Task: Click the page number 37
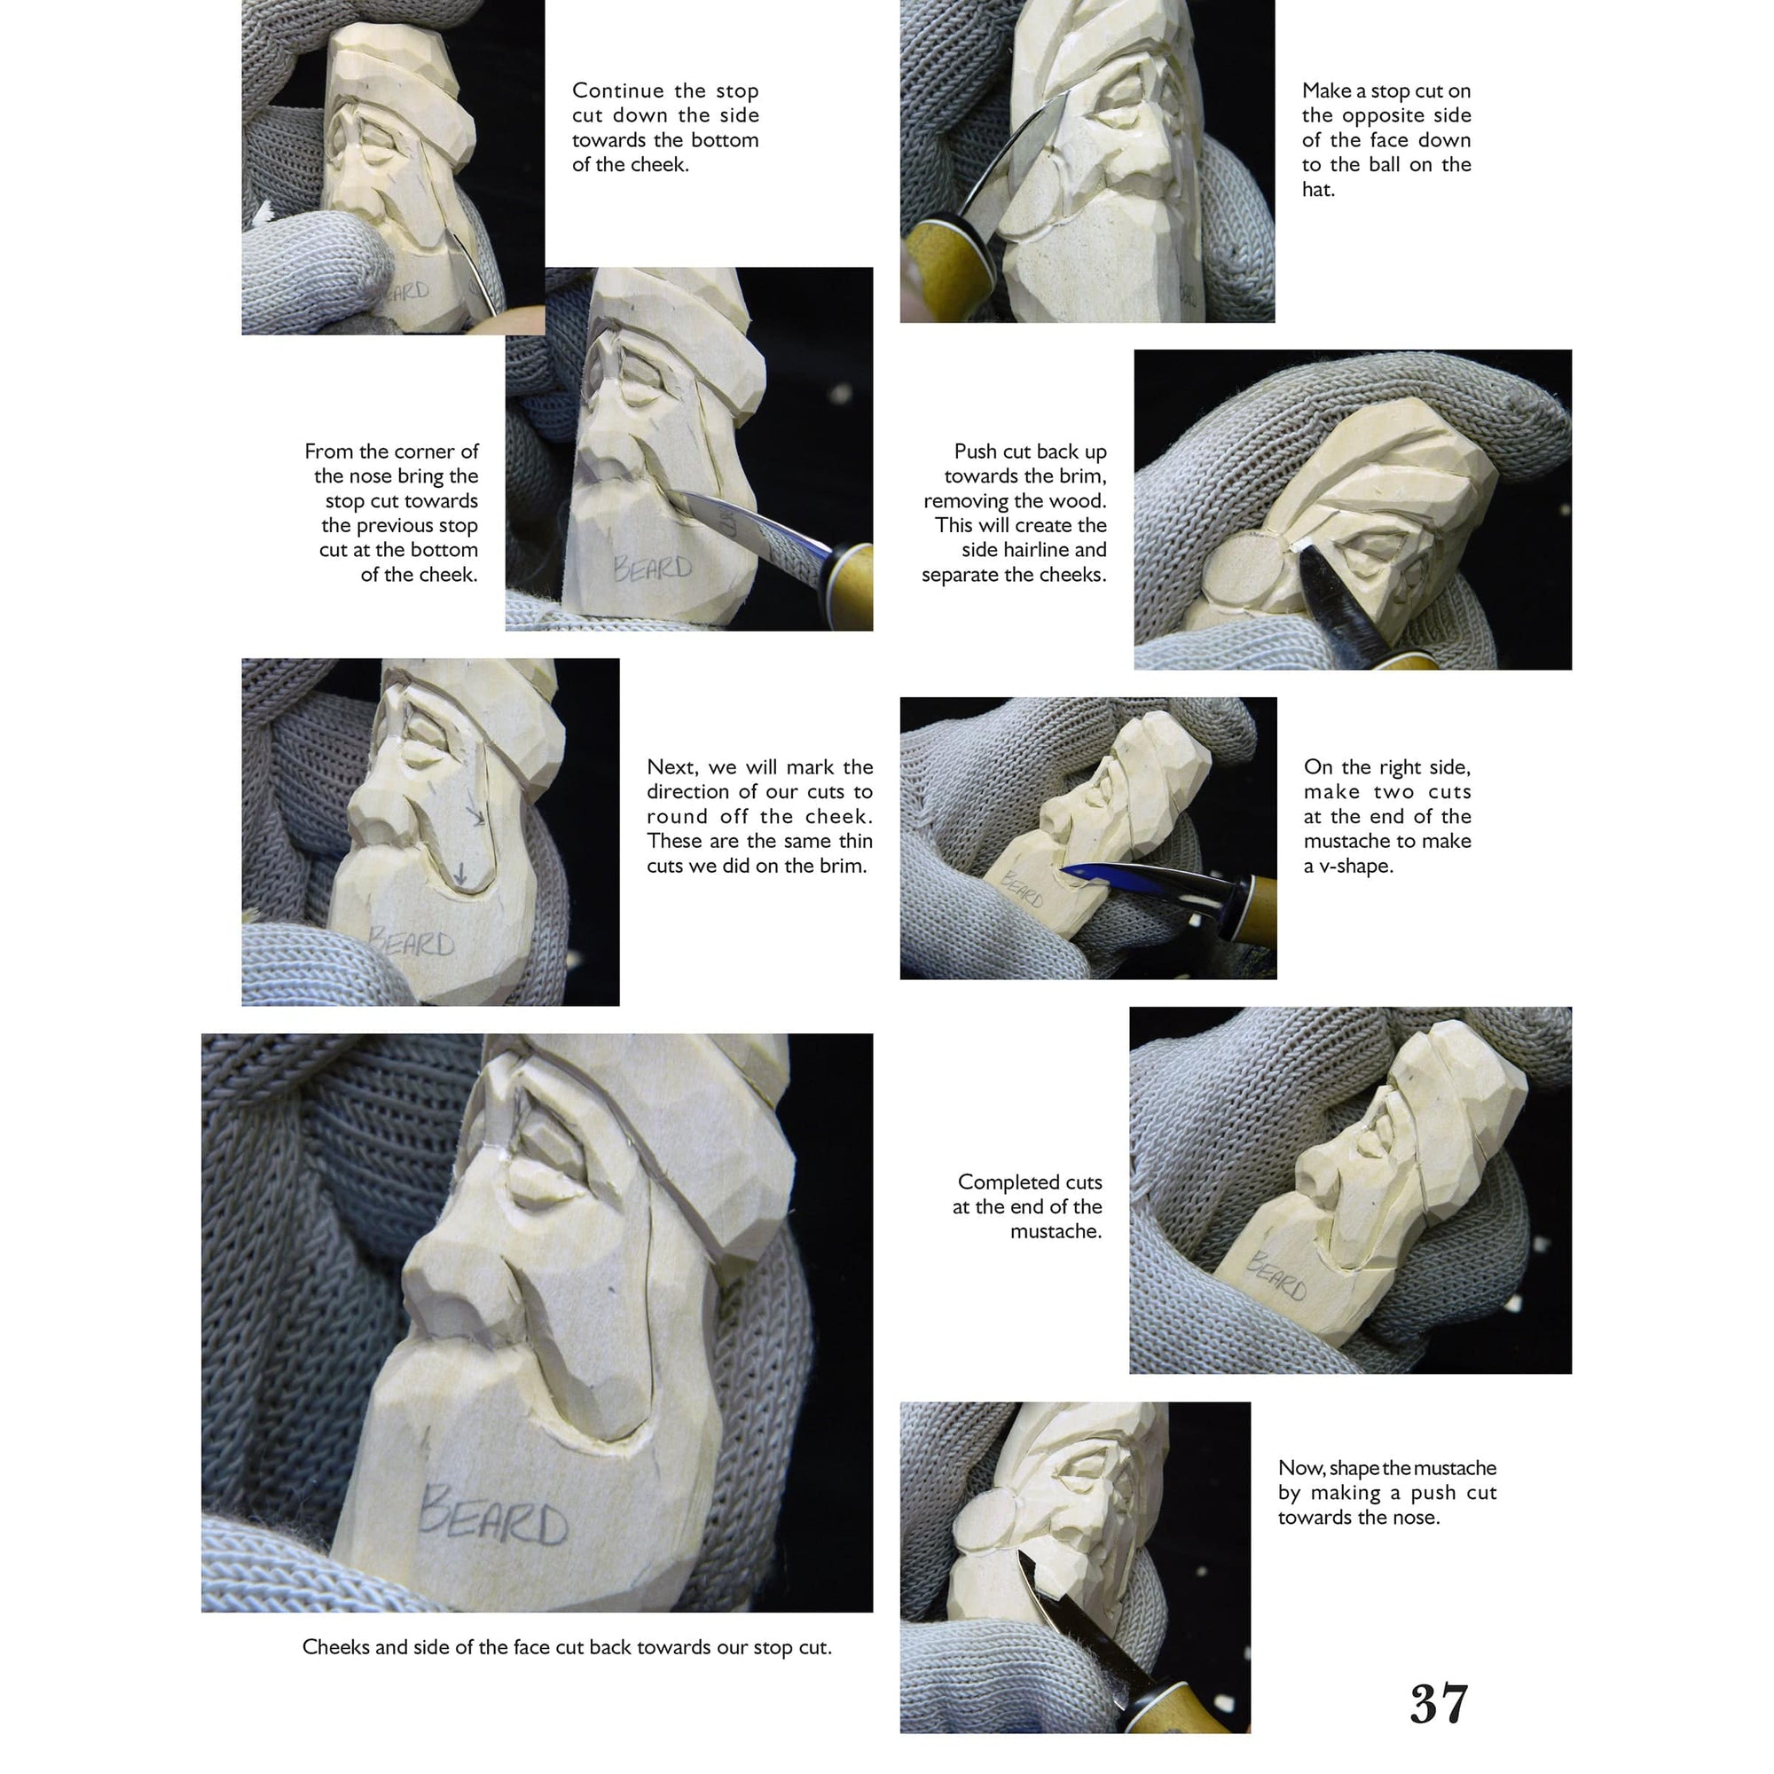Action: tap(1438, 1704)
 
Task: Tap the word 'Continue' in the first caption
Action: tap(617, 90)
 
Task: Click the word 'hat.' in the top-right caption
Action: tap(1318, 189)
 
